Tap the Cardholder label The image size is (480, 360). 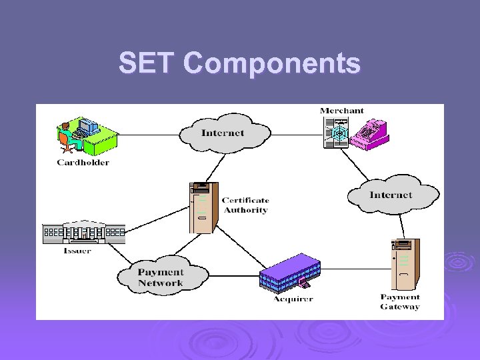point(83,162)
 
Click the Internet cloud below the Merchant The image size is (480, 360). point(391,195)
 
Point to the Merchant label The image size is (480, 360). point(341,111)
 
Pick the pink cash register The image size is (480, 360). point(366,132)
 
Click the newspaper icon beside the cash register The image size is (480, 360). point(336,132)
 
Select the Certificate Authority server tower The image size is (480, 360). point(203,207)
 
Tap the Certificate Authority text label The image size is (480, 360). point(245,205)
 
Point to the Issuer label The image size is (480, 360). point(77,251)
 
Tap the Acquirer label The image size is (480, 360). point(293,299)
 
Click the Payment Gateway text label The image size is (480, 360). point(400,302)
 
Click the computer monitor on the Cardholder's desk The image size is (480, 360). point(87,125)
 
